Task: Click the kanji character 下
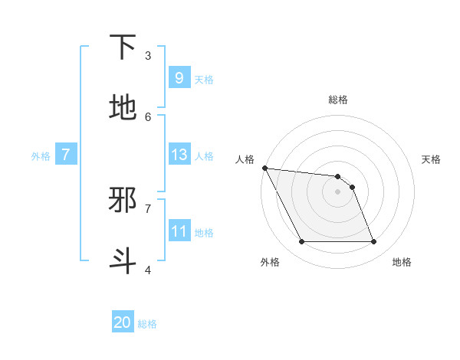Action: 123,47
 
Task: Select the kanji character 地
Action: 123,108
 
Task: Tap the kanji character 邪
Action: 123,200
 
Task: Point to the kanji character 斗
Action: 123,260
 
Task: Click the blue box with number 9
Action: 179,77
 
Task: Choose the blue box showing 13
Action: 179,155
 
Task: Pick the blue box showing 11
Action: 179,231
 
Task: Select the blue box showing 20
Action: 123,322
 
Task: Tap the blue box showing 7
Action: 66,155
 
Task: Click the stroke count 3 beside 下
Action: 148,56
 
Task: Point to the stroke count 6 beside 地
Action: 148,116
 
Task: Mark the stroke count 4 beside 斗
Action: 148,270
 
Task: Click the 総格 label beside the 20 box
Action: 147,324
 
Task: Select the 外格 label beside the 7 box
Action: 41,156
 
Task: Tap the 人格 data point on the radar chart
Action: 264,168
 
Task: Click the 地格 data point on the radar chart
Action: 373,242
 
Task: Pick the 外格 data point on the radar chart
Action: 301,242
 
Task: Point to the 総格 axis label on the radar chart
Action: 337,100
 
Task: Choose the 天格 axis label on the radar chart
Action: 431,159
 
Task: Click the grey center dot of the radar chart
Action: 337,191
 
